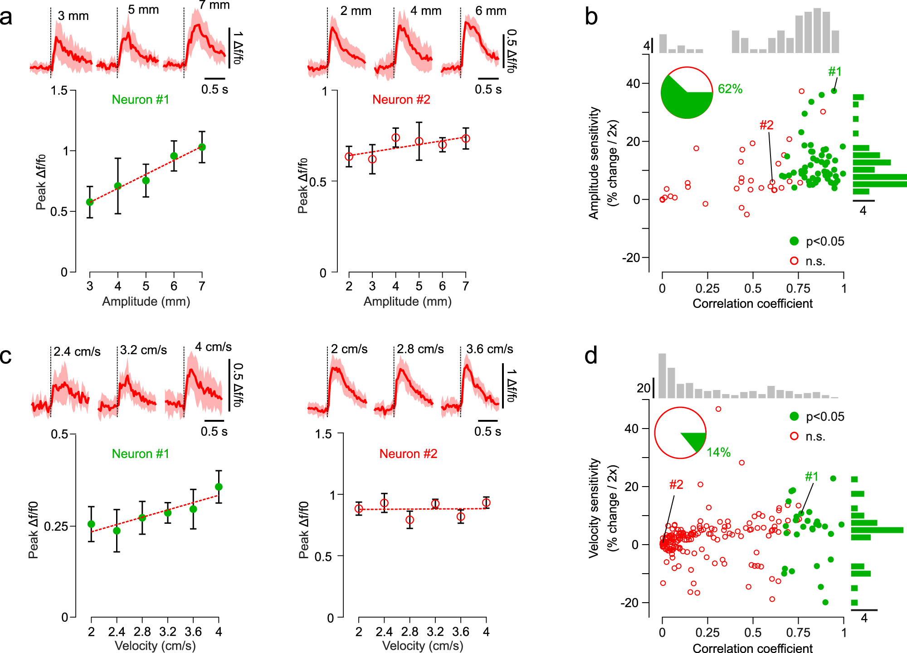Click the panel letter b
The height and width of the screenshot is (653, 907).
(591, 17)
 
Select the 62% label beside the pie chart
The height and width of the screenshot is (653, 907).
(730, 89)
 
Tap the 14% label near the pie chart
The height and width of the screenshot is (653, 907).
(718, 452)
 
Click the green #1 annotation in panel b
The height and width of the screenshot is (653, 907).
(834, 72)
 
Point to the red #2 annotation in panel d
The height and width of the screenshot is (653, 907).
(676, 485)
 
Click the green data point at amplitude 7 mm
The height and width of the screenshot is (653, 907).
(202, 147)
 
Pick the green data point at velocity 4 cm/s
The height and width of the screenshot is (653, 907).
(219, 487)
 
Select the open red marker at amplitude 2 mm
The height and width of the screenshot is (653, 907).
(349, 156)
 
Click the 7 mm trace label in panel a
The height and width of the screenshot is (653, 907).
(214, 5)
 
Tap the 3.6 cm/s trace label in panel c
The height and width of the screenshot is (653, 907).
(490, 349)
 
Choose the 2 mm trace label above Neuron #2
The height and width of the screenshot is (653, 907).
(356, 11)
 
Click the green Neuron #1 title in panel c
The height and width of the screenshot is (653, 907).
(141, 454)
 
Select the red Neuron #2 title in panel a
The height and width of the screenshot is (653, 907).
(401, 100)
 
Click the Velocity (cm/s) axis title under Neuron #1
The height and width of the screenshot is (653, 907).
(155, 646)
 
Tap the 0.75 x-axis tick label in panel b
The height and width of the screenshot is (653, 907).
(798, 288)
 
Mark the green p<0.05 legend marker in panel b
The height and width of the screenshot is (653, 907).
(794, 241)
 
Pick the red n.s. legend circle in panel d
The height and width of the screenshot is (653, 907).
(794, 436)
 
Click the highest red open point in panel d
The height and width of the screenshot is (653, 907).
(718, 409)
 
